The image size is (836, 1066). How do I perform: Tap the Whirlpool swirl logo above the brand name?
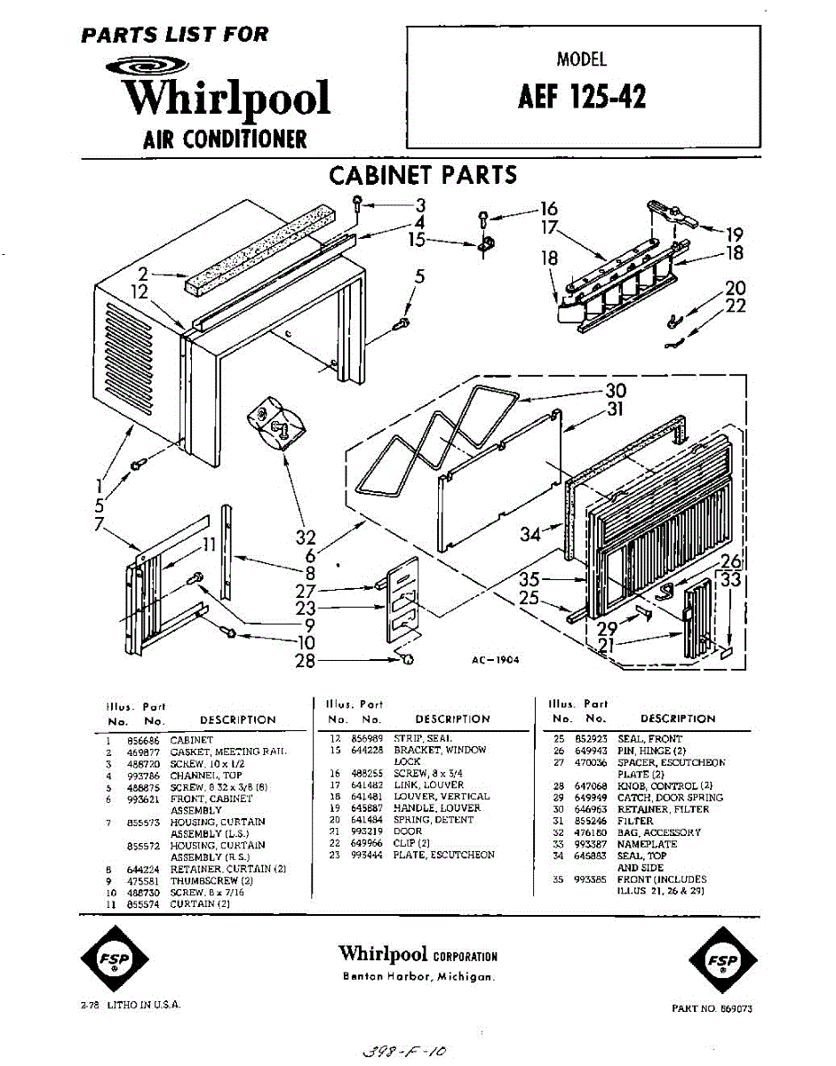tap(147, 66)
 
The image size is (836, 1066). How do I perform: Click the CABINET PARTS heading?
tap(423, 174)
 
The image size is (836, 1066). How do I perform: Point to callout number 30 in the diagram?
tap(616, 390)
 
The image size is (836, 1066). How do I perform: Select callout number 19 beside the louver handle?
tap(734, 235)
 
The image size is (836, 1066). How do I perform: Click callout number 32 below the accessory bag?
tap(306, 537)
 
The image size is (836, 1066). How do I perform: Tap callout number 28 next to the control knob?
tap(305, 661)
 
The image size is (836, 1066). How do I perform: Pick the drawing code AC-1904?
tap(497, 660)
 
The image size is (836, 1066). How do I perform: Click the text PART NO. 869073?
tap(712, 1009)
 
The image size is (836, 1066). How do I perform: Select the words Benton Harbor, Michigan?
tap(418, 976)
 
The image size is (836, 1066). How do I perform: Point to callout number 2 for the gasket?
tap(142, 274)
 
